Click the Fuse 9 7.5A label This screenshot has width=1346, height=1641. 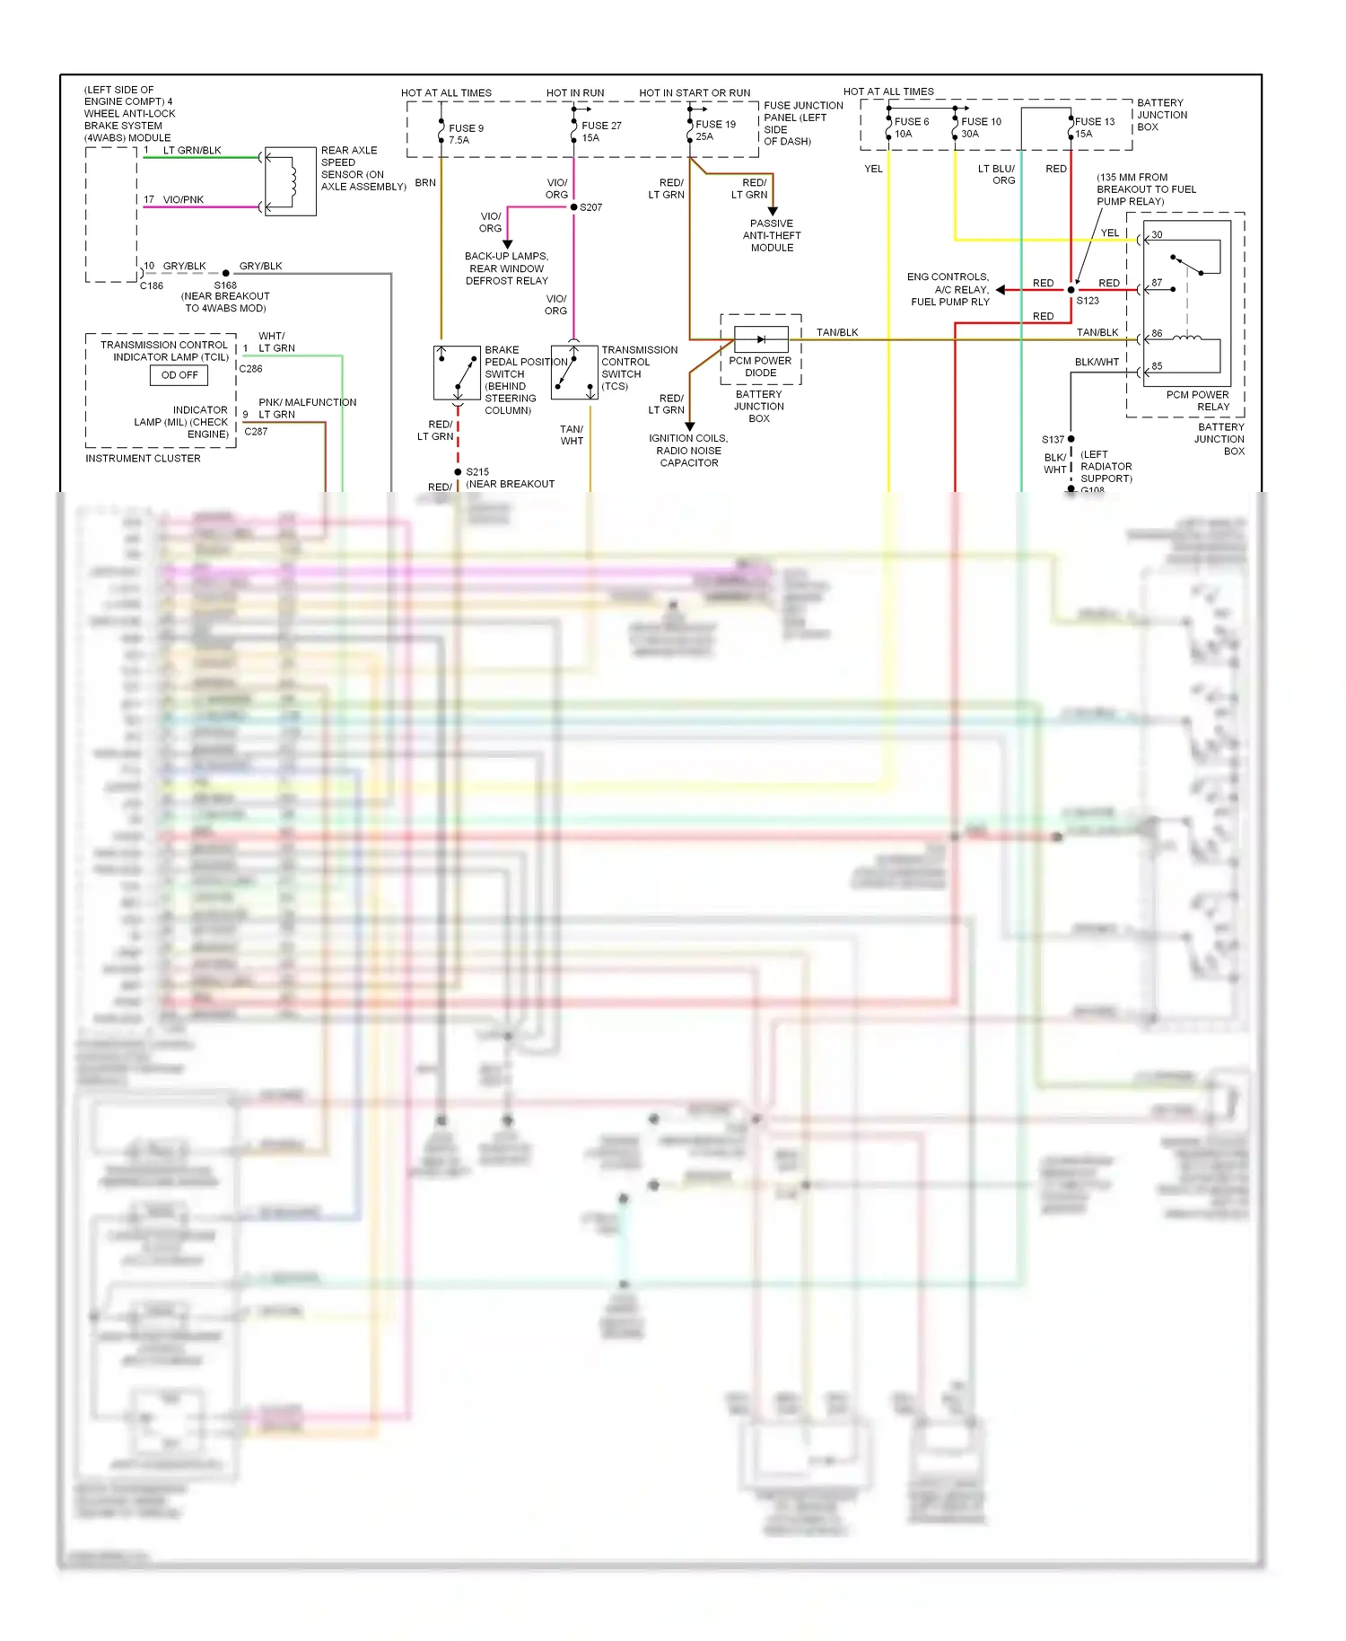[466, 134]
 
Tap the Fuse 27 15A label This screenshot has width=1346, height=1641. [600, 131]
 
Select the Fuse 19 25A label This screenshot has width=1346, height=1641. [715, 130]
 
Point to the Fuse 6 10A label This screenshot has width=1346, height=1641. [911, 127]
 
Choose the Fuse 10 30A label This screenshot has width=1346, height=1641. [980, 127]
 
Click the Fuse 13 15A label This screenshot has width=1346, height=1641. [1094, 127]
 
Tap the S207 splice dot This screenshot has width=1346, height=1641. [574, 207]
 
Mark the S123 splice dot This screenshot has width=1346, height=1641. [1071, 290]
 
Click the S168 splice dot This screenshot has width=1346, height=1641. [226, 273]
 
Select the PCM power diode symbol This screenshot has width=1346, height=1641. [761, 339]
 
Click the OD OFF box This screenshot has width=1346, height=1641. [179, 375]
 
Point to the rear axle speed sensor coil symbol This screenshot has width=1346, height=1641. [290, 181]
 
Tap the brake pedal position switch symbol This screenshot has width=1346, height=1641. [457, 373]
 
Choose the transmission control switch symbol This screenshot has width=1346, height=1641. [573, 373]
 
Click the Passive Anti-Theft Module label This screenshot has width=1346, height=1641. [772, 235]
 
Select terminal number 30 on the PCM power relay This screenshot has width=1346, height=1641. [1157, 235]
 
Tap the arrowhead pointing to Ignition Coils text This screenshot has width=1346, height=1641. [689, 426]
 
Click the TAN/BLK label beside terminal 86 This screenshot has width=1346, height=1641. [1097, 332]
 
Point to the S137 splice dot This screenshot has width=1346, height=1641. [1071, 439]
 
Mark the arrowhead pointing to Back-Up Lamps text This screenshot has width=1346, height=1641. [507, 244]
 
